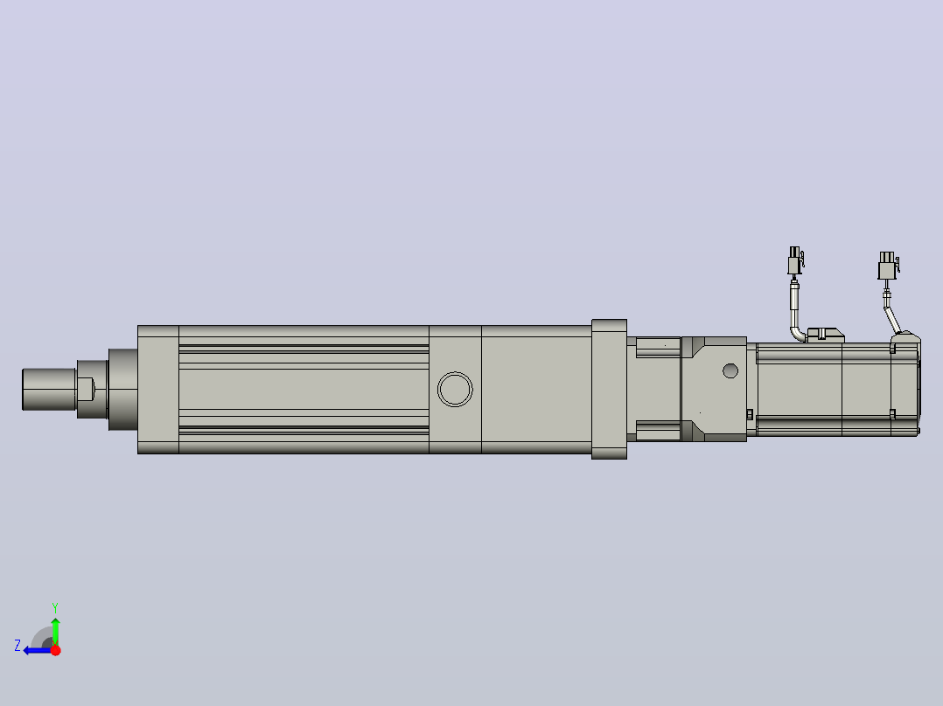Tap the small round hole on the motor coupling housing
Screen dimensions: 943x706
(730, 370)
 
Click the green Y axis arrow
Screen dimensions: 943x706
(55, 631)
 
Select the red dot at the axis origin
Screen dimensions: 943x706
(55, 650)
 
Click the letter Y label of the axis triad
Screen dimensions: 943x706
(55, 607)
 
